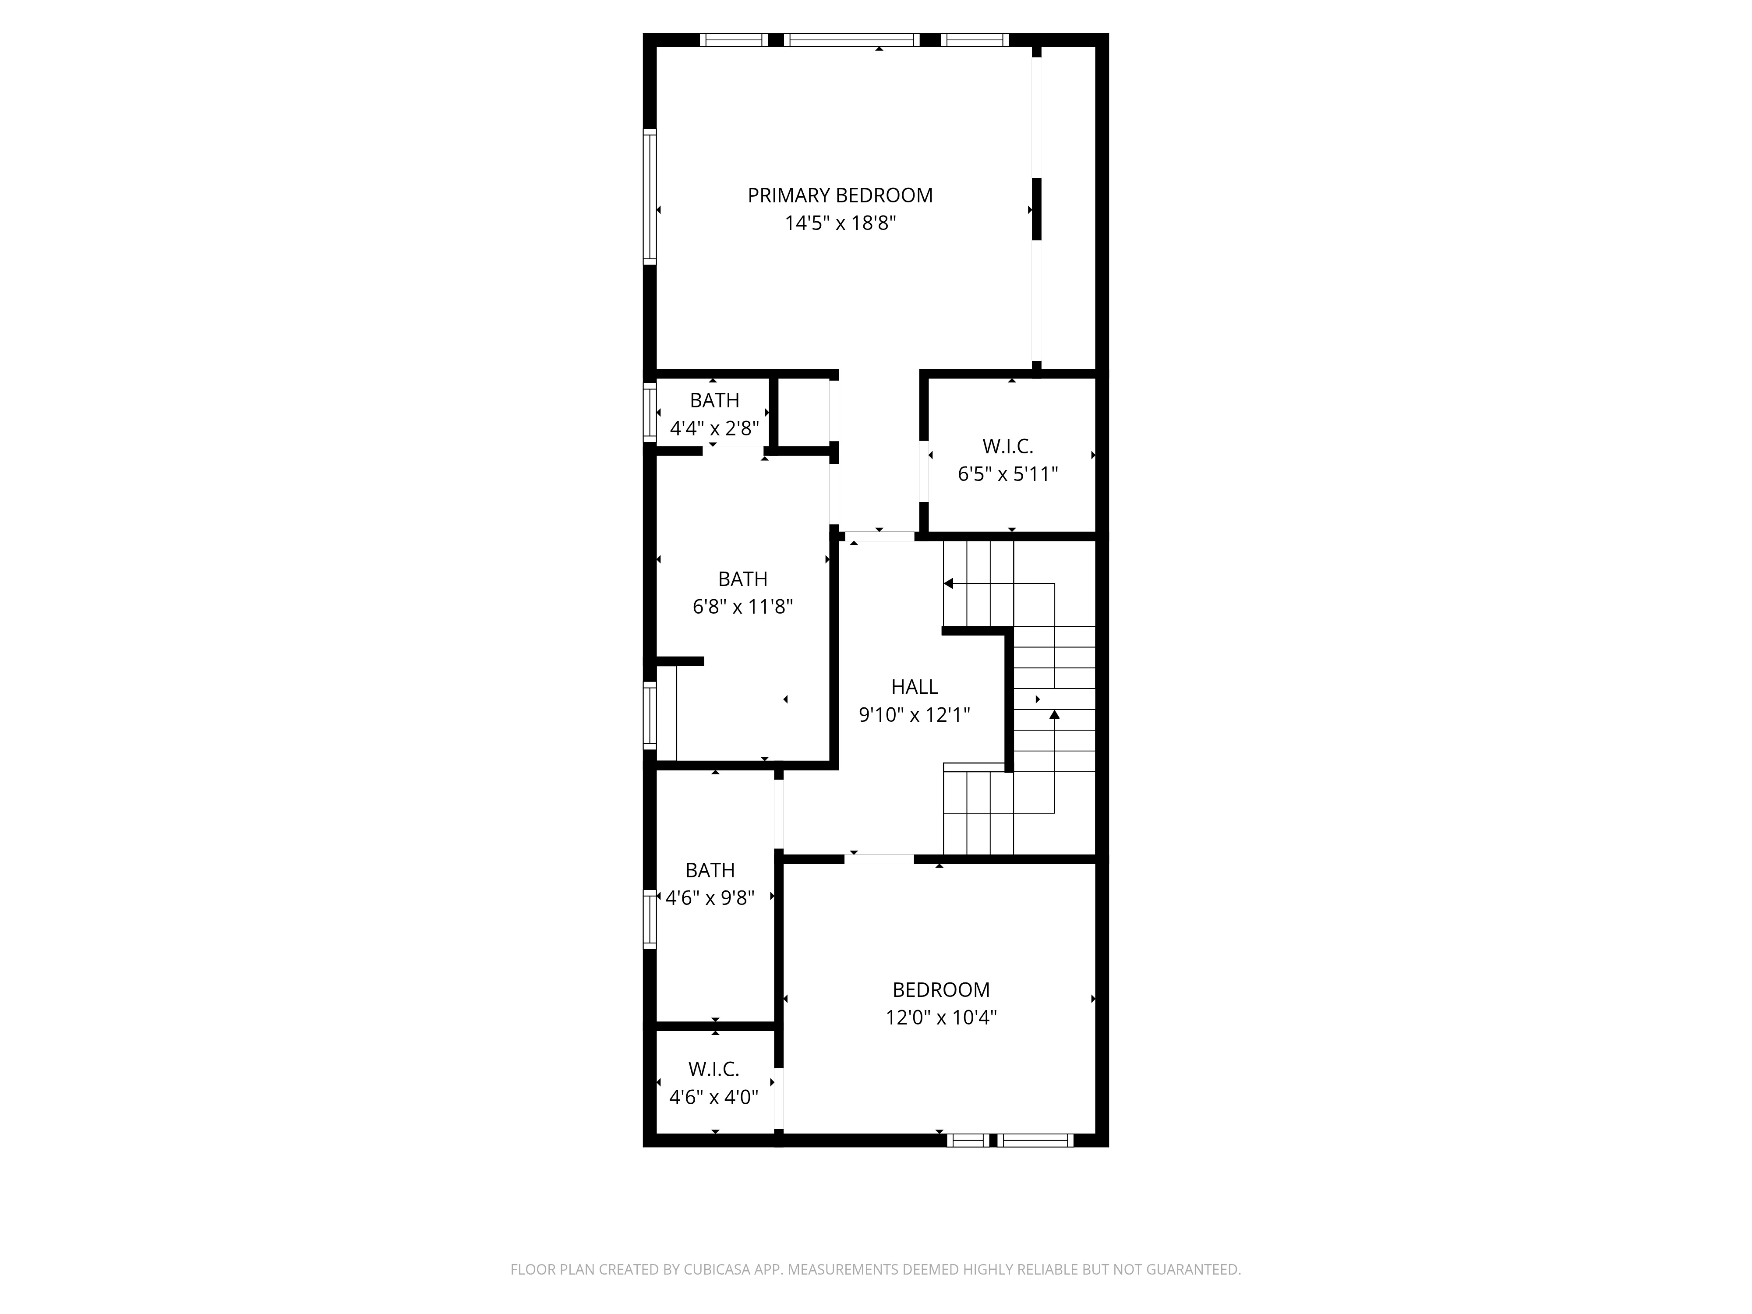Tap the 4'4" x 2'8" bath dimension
714,428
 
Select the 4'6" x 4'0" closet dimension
714,1098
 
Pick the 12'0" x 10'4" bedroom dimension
941,1018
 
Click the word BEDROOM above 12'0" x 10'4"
941,990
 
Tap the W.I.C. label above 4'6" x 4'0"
714,1069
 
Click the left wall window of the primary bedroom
650,196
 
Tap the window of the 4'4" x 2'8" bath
650,412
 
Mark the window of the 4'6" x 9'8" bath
650,919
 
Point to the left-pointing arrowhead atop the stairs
948,584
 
